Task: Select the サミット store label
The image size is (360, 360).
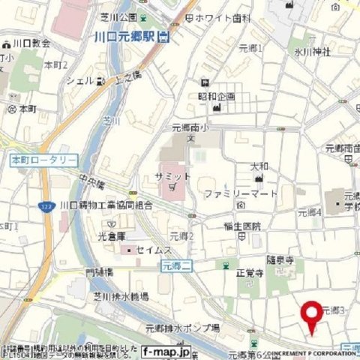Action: (174, 175)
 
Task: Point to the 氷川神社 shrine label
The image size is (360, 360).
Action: (312, 52)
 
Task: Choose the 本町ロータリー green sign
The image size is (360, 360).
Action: (44, 160)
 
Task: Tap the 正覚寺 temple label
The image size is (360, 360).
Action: (250, 274)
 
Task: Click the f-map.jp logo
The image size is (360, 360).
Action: (166, 350)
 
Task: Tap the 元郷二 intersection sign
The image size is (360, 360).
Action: (177, 265)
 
